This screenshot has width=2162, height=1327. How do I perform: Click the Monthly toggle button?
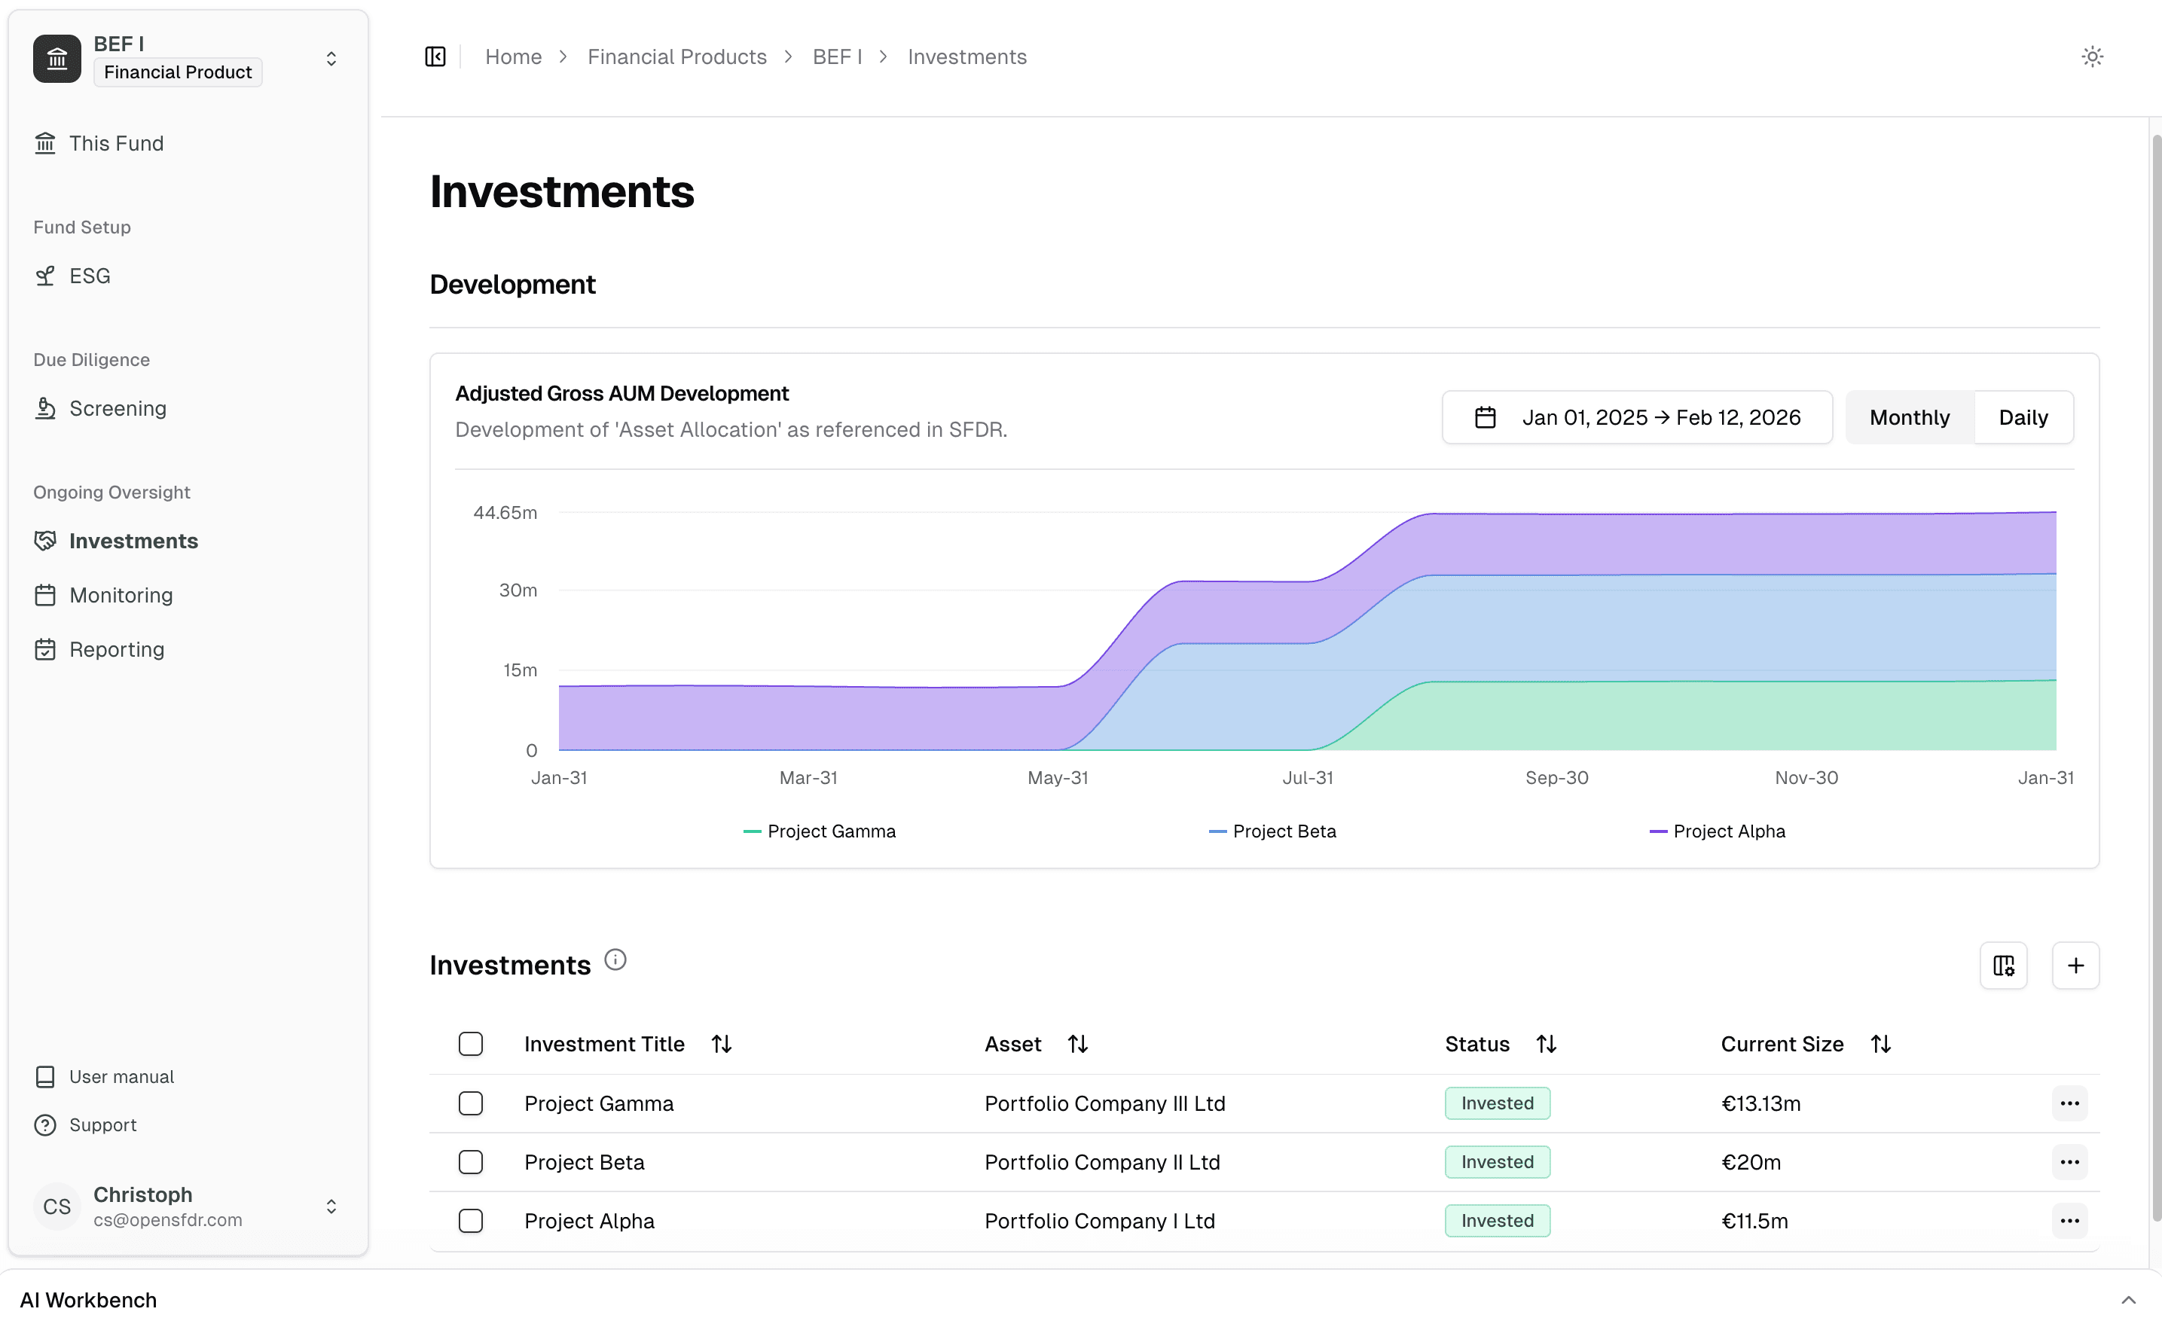pyautogui.click(x=1908, y=417)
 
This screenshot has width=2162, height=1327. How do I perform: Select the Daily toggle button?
pyautogui.click(x=2023, y=417)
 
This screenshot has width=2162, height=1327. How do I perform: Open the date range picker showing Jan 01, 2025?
pyautogui.click(x=1636, y=417)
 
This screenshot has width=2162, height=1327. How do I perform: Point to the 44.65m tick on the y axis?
pyautogui.click(x=505, y=513)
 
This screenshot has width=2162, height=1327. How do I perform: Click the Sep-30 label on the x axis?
pyautogui.click(x=1556, y=777)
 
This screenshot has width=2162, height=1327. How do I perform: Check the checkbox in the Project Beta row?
pyautogui.click(x=471, y=1162)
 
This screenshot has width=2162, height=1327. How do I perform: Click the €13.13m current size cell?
pyautogui.click(x=1760, y=1103)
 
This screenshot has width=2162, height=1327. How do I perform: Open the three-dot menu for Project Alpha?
pyautogui.click(x=2068, y=1221)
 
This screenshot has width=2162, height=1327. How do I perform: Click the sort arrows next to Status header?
pyautogui.click(x=1546, y=1044)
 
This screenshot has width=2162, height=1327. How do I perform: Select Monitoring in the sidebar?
pyautogui.click(x=121, y=595)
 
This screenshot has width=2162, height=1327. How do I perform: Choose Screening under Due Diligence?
pyautogui.click(x=118, y=408)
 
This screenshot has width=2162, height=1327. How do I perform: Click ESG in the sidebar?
pyautogui.click(x=90, y=276)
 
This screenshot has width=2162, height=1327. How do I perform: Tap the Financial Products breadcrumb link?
pyautogui.click(x=676, y=57)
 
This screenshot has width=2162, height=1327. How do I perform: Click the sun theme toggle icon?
pyautogui.click(x=2091, y=57)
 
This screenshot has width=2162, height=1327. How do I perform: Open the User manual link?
pyautogui.click(x=121, y=1077)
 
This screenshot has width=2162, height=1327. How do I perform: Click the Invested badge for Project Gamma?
pyautogui.click(x=1497, y=1103)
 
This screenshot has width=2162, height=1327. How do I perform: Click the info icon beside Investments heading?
pyautogui.click(x=615, y=959)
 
